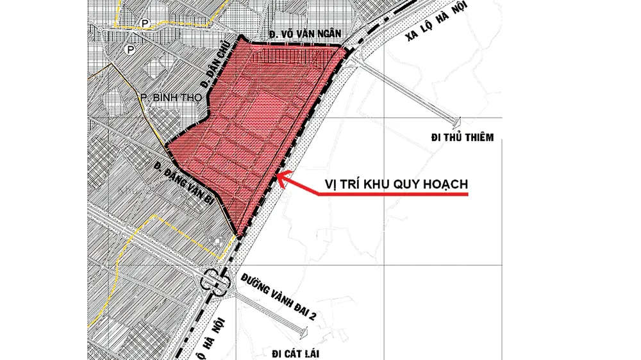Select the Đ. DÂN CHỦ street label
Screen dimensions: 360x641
pyautogui.click(x=211, y=71)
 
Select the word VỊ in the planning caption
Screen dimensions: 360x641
pyautogui.click(x=329, y=184)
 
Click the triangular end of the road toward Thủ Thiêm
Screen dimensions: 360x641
pyautogui.click(x=457, y=120)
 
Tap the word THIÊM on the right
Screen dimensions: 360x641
pyautogui.click(x=478, y=138)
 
